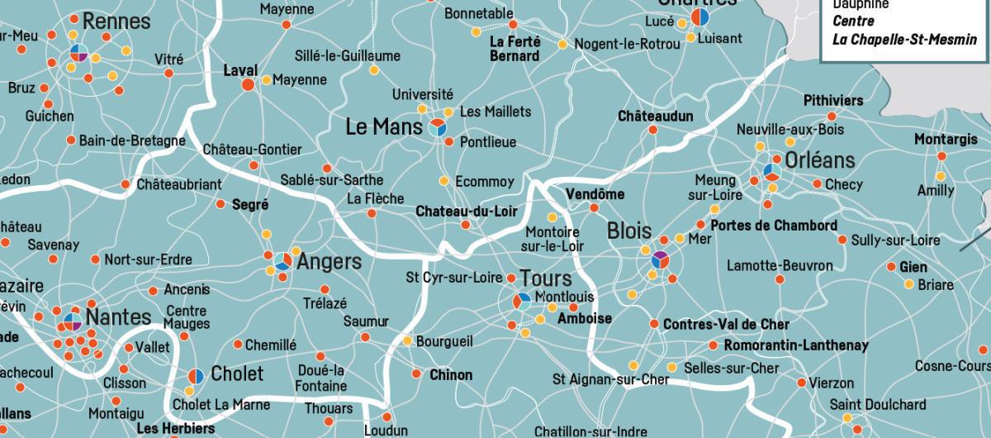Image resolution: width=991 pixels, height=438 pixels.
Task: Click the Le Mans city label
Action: [383, 126]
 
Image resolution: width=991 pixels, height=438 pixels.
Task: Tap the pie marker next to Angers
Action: [283, 261]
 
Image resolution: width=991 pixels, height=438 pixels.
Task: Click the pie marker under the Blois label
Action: [660, 260]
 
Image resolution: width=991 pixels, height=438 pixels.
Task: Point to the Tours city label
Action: [546, 279]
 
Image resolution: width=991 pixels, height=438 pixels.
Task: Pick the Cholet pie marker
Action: [196, 376]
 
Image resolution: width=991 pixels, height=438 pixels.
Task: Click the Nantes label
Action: [118, 317]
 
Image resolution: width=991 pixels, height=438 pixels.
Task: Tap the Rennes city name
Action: [116, 21]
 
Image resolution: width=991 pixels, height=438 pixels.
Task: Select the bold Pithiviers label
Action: [833, 101]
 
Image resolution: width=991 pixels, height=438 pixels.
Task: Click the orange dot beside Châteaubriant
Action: [126, 184]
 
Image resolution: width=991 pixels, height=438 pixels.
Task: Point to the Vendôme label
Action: [595, 194]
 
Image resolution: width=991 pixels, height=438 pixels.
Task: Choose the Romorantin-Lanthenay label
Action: [796, 345]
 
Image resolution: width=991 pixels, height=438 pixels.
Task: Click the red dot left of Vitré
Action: [168, 74]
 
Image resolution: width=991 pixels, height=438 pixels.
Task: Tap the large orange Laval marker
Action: [247, 85]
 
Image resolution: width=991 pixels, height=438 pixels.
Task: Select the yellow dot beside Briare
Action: [909, 284]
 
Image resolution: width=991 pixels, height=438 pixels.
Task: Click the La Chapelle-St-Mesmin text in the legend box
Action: [904, 40]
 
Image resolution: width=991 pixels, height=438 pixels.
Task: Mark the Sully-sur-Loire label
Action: [896, 240]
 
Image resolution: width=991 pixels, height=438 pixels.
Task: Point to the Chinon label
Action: [451, 375]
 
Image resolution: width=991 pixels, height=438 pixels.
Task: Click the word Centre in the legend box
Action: [852, 21]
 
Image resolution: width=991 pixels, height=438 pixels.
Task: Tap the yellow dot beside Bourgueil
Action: [407, 340]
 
